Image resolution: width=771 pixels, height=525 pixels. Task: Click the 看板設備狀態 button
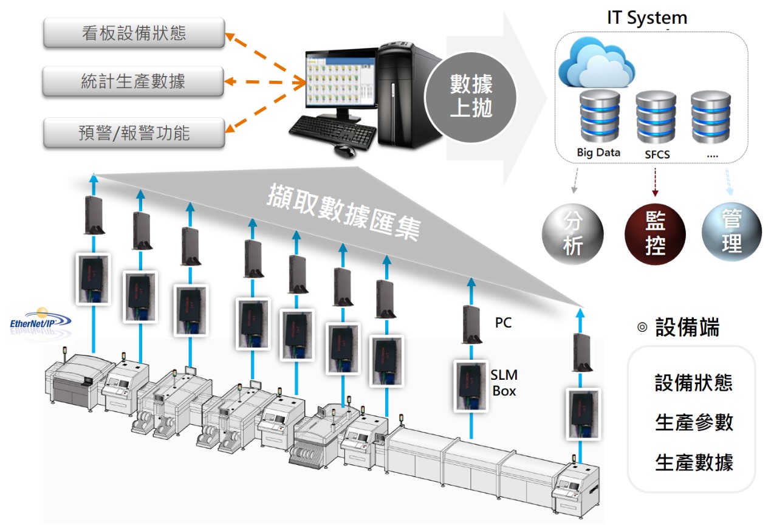coord(134,33)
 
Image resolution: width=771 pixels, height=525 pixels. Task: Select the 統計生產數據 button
coord(134,81)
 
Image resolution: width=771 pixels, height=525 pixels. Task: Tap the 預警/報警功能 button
coord(134,132)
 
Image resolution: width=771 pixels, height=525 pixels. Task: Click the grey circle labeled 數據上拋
coord(470,95)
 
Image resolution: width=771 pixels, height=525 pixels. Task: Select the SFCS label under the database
coord(657,154)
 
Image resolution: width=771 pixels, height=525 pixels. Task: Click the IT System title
coord(646,18)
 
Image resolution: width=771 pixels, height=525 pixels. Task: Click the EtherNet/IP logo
coord(40,322)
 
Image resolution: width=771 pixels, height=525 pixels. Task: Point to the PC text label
coord(503,323)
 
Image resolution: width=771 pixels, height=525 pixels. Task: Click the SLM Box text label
coord(504,383)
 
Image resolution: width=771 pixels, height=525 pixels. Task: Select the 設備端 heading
coord(687,328)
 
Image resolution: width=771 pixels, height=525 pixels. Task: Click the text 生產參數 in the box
coord(694,422)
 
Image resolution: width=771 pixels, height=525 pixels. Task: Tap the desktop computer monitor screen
coord(340,85)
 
